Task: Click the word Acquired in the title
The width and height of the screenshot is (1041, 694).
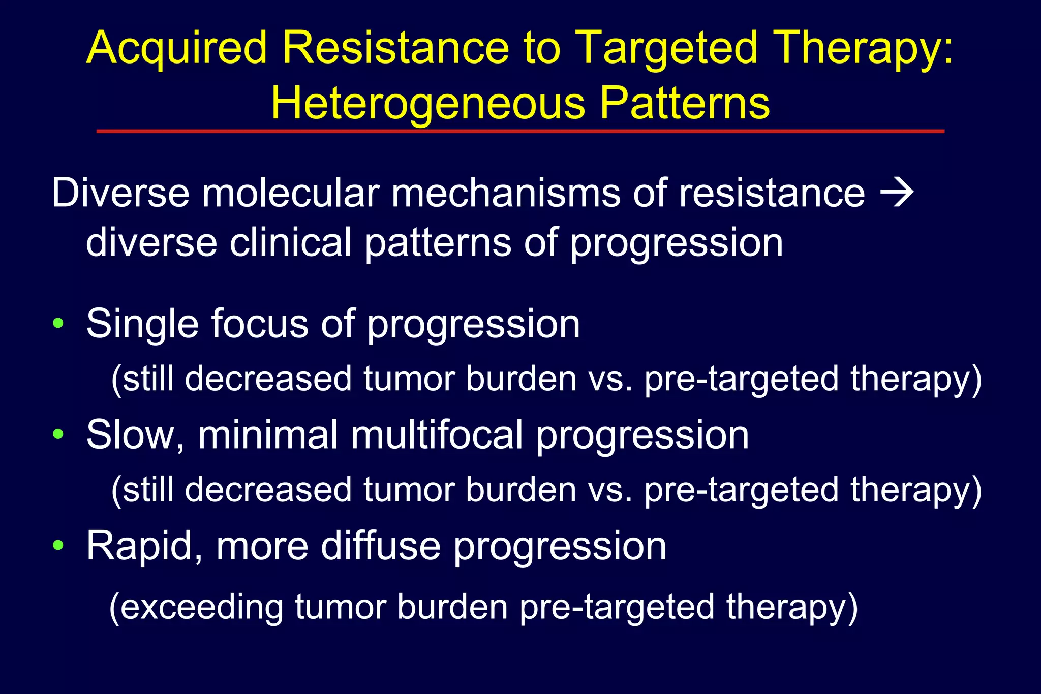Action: [177, 48]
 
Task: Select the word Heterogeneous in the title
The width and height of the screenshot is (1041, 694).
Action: [428, 103]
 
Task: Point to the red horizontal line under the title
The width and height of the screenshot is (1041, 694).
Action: [520, 132]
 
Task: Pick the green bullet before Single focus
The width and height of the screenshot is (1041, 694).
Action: [58, 323]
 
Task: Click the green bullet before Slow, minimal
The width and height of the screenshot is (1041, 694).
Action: [58, 434]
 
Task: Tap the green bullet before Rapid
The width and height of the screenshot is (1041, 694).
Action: [58, 546]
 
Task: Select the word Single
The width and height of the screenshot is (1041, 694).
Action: [142, 324]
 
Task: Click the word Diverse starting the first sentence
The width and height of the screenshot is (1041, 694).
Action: [120, 194]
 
